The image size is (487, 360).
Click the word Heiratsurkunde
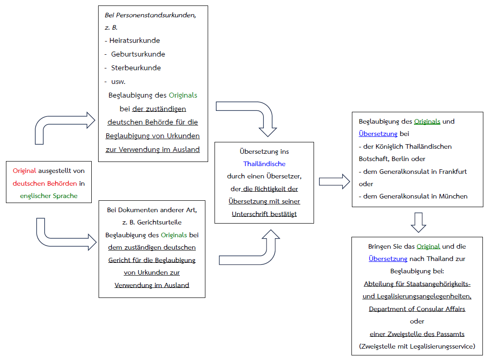click(x=135, y=40)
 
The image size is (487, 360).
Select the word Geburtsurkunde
click(x=138, y=54)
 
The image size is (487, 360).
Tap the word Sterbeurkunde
click(x=136, y=68)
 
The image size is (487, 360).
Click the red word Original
click(x=24, y=171)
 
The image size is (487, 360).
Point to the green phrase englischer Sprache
click(x=49, y=196)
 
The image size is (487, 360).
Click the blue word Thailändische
click(x=264, y=164)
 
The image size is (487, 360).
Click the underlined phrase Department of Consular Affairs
click(x=417, y=309)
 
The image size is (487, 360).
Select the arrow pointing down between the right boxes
click(x=419, y=222)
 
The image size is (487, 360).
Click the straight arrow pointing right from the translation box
click(x=335, y=182)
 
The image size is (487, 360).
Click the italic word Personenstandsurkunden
click(x=156, y=15)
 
